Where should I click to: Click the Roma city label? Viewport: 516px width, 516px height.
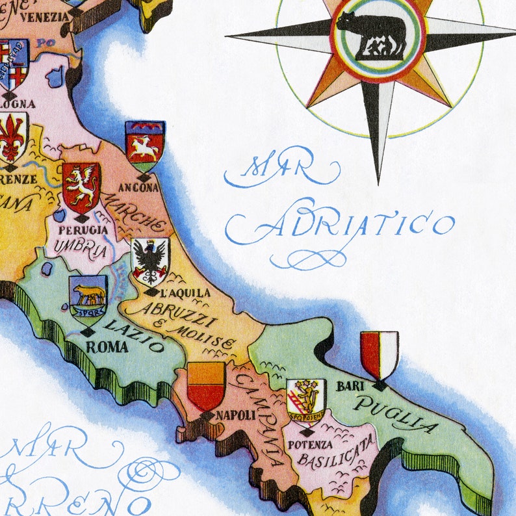(x=107, y=347)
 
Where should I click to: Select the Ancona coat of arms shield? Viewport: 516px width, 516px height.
(x=145, y=146)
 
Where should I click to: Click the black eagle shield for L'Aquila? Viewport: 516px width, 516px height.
(x=150, y=261)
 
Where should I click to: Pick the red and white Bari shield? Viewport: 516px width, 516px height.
(x=380, y=355)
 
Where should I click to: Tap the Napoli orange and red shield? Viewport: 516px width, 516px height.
(x=206, y=387)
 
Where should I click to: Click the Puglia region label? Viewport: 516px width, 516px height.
(x=396, y=414)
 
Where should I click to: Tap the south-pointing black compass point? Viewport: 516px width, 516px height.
(x=378, y=130)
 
